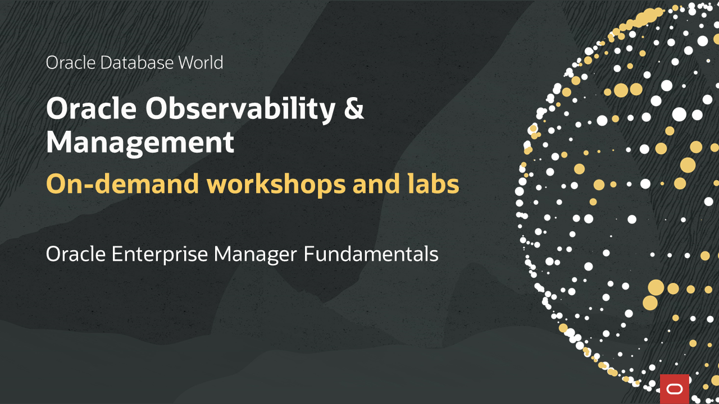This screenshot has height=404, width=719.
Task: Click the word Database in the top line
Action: coord(137,62)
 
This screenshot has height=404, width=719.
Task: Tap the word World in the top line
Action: coord(201,62)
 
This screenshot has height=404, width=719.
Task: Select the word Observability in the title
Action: coord(240,109)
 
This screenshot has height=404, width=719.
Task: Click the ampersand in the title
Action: coord(354,108)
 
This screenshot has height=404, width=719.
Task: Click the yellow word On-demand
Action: coord(122,183)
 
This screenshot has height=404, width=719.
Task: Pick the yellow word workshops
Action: coord(276,185)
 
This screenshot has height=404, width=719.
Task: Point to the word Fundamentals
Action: coord(371,254)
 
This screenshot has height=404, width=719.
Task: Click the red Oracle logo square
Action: coord(675,389)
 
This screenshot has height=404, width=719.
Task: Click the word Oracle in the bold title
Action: coord(92,109)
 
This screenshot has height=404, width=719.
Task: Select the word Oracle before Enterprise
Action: coord(76,254)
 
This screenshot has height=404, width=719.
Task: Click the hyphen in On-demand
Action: coord(89,186)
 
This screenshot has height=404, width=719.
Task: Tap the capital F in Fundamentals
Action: coord(309,254)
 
